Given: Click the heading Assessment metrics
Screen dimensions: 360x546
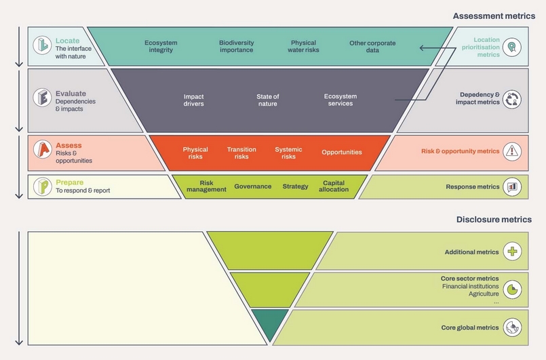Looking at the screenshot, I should point(492,16).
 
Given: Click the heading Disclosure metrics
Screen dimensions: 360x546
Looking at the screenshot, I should point(494,220).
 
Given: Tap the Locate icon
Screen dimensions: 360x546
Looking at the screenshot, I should point(42,46).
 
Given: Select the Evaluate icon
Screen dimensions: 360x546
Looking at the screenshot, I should point(42,98).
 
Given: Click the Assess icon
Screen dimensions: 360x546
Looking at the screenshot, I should point(42,151).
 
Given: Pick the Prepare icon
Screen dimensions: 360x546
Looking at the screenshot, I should point(42,186).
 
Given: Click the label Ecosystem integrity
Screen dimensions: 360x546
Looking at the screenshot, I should point(161,46).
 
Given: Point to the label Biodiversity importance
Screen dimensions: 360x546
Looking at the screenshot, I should point(236,46).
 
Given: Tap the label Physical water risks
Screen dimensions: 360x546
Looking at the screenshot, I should point(303,46).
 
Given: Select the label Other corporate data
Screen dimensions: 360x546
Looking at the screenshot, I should point(372,46).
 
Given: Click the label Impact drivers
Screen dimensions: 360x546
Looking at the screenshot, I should point(193,100).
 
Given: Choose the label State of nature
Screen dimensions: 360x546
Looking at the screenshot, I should point(267,100).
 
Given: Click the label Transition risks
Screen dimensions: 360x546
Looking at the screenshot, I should point(241,153).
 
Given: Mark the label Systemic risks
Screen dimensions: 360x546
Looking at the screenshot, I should point(288,153).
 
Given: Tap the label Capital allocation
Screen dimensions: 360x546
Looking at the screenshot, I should point(334,186).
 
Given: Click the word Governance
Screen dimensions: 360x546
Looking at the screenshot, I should point(252,186).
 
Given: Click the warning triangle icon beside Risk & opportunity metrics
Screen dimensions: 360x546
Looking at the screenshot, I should point(513,151).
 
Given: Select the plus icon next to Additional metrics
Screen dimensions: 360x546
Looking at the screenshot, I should point(513,252).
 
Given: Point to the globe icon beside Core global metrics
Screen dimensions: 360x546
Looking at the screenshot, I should point(513,327).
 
